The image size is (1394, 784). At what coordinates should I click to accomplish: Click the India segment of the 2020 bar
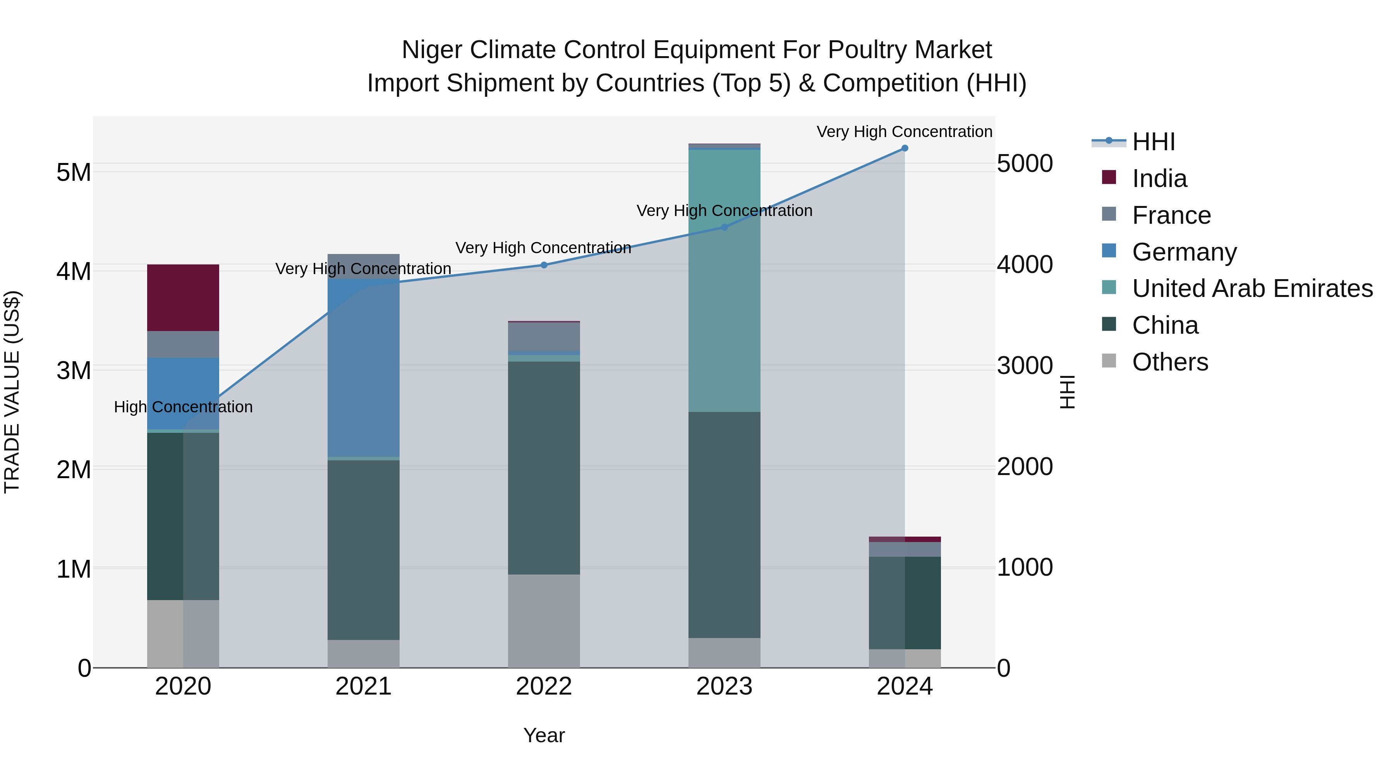pyautogui.click(x=183, y=298)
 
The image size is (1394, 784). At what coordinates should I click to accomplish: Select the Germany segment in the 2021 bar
pyautogui.click(x=363, y=368)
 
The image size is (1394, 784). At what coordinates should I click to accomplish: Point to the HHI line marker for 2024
pyautogui.click(x=904, y=148)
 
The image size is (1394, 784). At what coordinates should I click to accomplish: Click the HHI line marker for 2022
pyautogui.click(x=544, y=265)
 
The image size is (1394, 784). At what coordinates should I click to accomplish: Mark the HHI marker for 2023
pyautogui.click(x=724, y=227)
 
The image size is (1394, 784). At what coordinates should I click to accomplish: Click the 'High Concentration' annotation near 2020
pyautogui.click(x=183, y=407)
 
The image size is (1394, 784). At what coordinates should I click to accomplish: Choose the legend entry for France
pyautogui.click(x=1171, y=215)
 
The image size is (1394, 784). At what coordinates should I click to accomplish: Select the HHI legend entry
pyautogui.click(x=1153, y=142)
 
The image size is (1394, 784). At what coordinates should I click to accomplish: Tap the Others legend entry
pyautogui.click(x=1169, y=362)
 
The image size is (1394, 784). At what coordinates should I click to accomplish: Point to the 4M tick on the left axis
pyautogui.click(x=74, y=272)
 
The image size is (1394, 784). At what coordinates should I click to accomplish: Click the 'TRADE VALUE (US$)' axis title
pyautogui.click(x=12, y=392)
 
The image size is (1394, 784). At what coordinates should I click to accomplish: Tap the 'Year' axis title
pyautogui.click(x=544, y=735)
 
